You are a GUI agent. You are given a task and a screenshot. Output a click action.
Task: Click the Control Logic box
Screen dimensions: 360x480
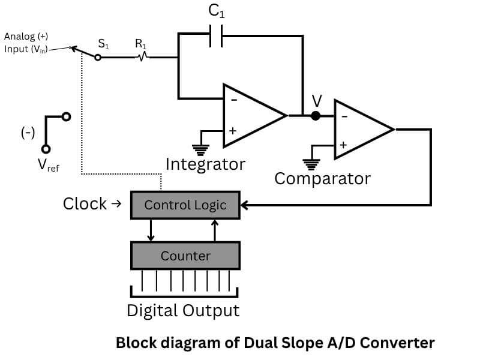[185, 205]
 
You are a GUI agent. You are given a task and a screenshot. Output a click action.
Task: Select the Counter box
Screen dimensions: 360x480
[185, 256]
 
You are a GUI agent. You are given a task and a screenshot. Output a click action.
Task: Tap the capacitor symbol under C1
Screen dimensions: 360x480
[217, 36]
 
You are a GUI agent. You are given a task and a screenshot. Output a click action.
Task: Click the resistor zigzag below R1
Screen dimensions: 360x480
[143, 58]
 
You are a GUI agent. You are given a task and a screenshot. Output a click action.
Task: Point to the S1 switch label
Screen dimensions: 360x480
[103, 44]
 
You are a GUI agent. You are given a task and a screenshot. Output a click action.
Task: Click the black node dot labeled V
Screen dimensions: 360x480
[316, 116]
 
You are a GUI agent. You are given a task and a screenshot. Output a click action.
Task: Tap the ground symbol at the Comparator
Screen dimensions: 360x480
[310, 162]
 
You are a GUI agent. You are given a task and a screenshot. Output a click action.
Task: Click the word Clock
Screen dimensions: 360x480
[85, 204]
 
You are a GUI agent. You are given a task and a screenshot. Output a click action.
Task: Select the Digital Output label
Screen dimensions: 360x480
[183, 310]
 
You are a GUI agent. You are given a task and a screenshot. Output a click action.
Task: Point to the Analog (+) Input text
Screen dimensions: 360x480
[26, 43]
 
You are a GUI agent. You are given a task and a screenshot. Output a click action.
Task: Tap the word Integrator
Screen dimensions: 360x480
[205, 164]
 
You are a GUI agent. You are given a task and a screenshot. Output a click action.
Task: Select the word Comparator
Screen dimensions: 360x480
[322, 178]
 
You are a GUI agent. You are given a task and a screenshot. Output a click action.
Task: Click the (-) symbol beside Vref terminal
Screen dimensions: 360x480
[28, 133]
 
